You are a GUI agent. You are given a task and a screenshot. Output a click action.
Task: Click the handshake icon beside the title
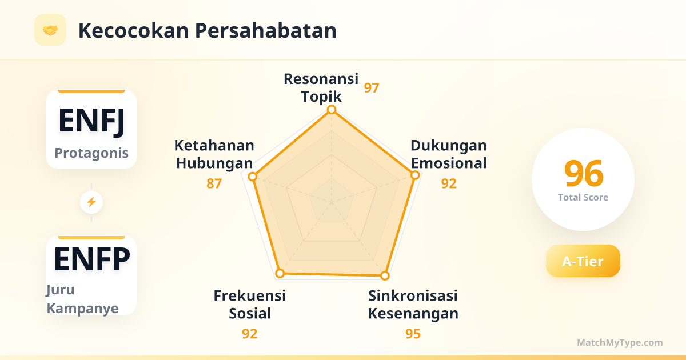[x=50, y=30]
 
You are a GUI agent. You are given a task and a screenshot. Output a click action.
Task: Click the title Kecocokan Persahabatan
[x=208, y=31]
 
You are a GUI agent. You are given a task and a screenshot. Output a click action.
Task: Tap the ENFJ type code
[x=91, y=122]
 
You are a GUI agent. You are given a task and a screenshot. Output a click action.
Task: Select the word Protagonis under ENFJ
[x=91, y=153]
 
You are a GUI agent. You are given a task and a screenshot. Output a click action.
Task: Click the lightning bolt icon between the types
[x=91, y=202]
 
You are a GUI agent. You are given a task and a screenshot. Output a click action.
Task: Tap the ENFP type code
[x=92, y=259]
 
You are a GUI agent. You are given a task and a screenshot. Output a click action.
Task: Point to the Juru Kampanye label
[x=82, y=299]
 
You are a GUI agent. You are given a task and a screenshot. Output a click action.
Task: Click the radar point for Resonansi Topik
[x=332, y=110]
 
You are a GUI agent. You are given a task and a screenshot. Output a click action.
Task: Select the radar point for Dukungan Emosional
[x=415, y=175]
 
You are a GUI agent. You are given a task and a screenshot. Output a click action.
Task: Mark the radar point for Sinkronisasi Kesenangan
[x=385, y=275]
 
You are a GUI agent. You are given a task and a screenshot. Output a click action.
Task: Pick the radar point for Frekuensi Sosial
[x=280, y=273]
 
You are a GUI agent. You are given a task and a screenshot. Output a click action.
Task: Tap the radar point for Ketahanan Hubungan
[x=252, y=177]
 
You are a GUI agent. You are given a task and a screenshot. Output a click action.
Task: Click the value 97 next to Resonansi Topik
[x=372, y=88]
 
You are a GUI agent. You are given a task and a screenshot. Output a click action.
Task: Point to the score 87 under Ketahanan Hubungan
[x=214, y=183]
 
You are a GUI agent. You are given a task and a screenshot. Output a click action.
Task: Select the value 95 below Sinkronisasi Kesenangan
[x=413, y=334]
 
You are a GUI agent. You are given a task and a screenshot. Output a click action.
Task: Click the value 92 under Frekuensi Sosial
[x=250, y=334]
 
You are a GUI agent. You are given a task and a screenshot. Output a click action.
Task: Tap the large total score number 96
[x=584, y=173]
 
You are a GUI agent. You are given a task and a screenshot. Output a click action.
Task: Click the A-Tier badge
[x=583, y=261]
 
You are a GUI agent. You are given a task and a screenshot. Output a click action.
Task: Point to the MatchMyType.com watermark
[x=620, y=342]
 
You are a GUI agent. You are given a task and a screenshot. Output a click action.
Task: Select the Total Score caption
[x=583, y=198]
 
